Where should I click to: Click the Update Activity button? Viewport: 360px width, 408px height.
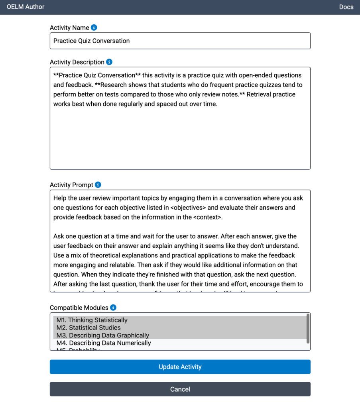click(180, 367)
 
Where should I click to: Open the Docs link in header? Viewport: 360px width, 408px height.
click(346, 7)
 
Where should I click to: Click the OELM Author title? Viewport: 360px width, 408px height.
click(26, 7)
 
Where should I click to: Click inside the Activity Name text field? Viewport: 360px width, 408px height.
click(180, 41)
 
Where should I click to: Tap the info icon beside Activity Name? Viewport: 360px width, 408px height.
click(94, 27)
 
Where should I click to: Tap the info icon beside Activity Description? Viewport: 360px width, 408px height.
click(109, 62)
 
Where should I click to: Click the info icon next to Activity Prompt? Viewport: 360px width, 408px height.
click(98, 185)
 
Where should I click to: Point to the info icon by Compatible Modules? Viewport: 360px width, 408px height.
click(113, 308)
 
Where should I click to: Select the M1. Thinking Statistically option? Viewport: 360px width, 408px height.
click(92, 320)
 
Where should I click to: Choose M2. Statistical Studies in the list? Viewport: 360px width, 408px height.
click(89, 328)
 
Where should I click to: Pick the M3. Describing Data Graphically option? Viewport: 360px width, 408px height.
click(103, 335)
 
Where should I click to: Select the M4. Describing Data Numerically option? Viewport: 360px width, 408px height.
click(104, 343)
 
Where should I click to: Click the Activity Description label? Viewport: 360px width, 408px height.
click(77, 62)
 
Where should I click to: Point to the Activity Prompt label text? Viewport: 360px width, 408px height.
click(71, 185)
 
